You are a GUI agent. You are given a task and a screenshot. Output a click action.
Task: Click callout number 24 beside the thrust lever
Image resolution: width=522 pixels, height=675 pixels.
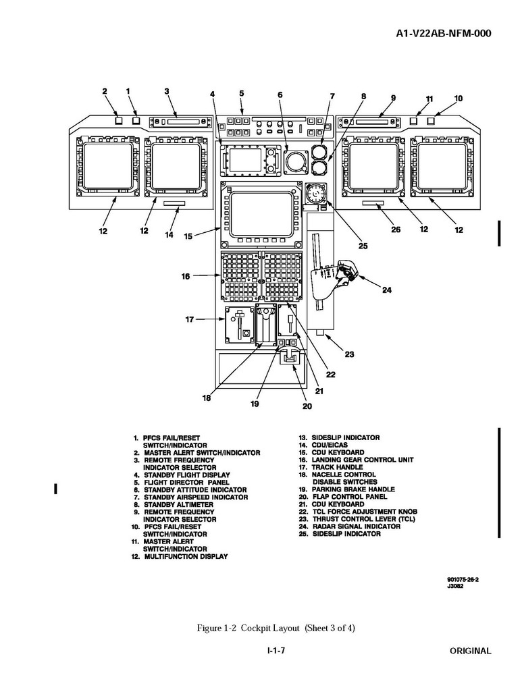tap(386, 291)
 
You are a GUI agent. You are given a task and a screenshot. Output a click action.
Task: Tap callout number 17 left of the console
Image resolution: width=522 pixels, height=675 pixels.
tap(190, 319)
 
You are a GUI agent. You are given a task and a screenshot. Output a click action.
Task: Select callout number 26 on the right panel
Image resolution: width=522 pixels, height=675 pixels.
tap(396, 230)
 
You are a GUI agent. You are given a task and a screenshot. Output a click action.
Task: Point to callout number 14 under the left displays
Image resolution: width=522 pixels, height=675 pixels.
tap(169, 235)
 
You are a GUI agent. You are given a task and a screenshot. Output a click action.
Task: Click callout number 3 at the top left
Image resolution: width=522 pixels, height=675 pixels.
tap(166, 91)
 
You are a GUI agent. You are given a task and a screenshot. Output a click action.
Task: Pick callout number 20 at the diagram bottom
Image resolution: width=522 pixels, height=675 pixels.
tap(307, 406)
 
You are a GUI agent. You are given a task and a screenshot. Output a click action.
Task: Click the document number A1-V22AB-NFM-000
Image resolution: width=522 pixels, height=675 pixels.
tap(439, 33)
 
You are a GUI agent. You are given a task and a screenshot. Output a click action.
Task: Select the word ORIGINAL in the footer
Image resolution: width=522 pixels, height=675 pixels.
tap(471, 651)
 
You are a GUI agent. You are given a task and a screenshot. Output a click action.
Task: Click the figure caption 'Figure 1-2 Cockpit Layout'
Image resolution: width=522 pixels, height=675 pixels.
tap(276, 628)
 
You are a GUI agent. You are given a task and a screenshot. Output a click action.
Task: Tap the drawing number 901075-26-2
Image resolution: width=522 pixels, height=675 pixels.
tap(467, 579)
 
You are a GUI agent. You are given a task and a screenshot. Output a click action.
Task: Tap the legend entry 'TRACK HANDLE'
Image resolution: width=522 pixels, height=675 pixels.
tap(336, 467)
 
